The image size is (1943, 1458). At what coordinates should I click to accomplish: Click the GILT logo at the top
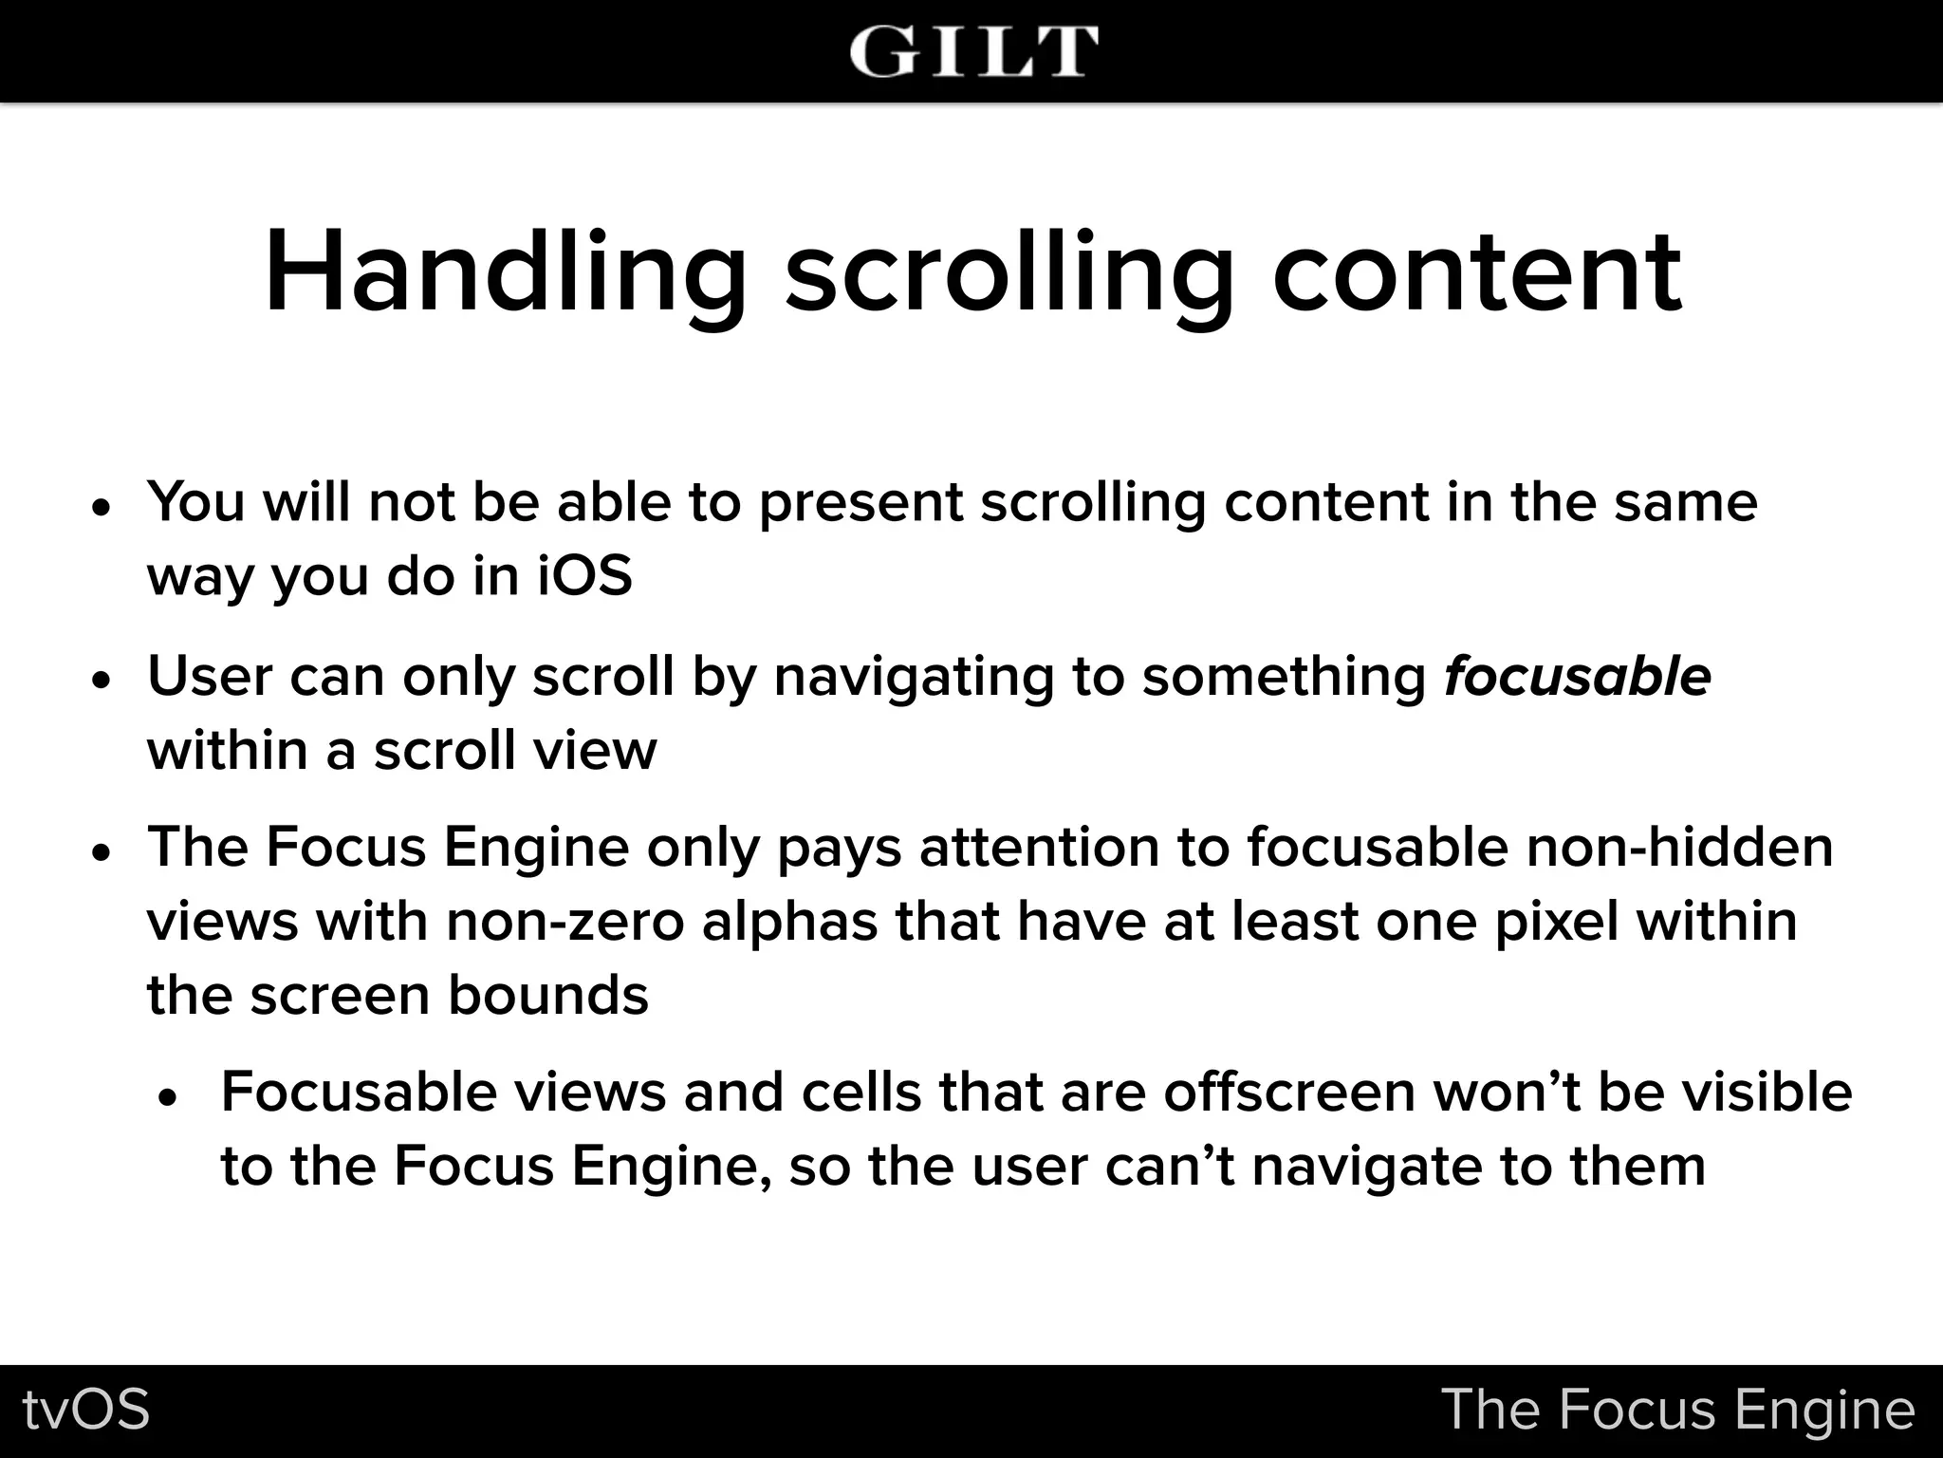pos(973,51)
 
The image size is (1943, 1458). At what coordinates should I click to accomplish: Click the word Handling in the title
pos(506,272)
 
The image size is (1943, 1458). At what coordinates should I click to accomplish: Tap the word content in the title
pos(1476,272)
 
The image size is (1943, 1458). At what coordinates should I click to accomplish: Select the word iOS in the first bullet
pos(584,576)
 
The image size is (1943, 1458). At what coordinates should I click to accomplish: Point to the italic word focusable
pos(1577,677)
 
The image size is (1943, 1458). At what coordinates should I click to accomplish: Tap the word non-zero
pos(564,921)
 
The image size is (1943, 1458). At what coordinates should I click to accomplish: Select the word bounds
pos(547,996)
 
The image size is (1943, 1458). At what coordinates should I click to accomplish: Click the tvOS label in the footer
pos(86,1410)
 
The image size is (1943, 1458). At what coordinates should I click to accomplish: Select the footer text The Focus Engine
pos(1677,1410)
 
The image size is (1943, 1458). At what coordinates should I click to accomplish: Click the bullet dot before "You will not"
pos(102,507)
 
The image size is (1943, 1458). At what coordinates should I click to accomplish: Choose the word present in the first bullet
pos(860,503)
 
